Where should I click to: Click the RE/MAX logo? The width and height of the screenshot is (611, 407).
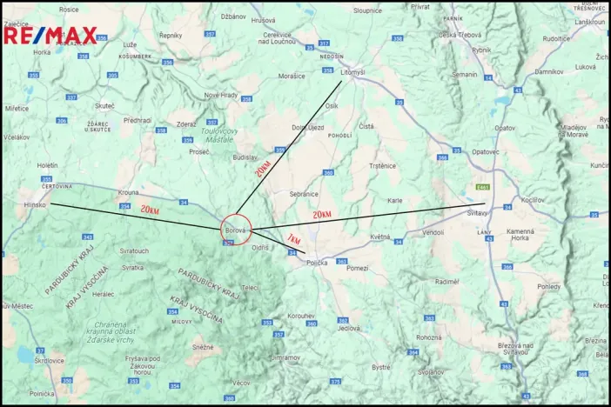click(x=50, y=36)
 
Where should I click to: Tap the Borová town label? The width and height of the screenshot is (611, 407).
click(x=236, y=230)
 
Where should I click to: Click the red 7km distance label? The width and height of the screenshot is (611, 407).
click(x=293, y=239)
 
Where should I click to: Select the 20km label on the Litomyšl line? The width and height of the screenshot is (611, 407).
click(x=263, y=168)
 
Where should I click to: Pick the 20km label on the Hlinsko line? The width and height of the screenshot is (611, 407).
click(x=150, y=210)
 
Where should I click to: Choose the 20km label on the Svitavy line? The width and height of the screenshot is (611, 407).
click(x=322, y=214)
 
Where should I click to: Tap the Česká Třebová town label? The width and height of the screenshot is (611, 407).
click(x=460, y=34)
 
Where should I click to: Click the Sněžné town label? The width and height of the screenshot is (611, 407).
click(x=202, y=346)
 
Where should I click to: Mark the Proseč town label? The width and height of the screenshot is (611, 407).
click(x=199, y=151)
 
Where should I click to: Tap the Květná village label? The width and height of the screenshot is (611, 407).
click(x=379, y=237)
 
